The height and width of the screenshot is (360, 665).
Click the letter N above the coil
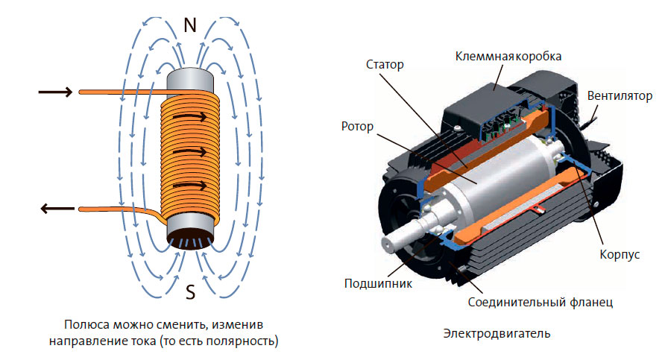click(x=190, y=26)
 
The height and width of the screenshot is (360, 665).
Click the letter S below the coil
click(x=190, y=293)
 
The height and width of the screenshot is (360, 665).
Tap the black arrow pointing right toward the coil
click(x=55, y=92)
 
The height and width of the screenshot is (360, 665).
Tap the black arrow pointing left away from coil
click(x=55, y=209)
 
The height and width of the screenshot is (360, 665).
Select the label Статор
click(x=384, y=65)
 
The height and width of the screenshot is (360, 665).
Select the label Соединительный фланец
click(x=540, y=303)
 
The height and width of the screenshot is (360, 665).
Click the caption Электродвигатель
click(x=497, y=333)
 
